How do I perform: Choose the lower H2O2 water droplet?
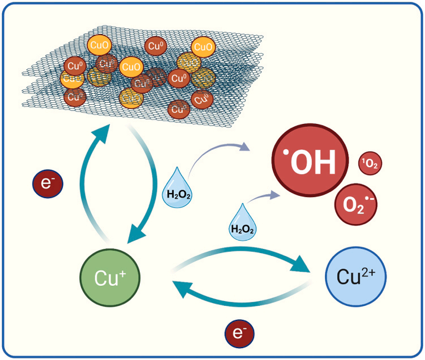(242, 223)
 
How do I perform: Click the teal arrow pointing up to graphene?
(87, 170)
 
